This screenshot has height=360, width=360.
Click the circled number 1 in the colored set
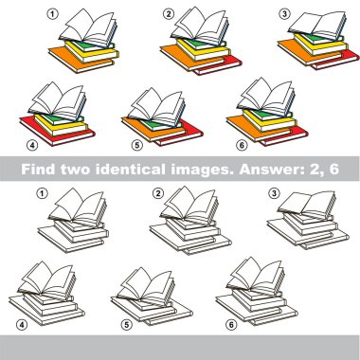[52, 14]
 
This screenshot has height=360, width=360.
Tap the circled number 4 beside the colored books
[32, 145]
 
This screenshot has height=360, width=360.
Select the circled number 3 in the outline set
[274, 193]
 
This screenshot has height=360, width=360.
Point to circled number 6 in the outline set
[231, 324]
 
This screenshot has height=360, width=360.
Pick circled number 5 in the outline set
[126, 324]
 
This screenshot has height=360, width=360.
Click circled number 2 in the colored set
[168, 13]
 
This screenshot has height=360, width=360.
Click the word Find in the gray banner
[39, 169]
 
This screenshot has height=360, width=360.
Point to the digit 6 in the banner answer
[333, 169]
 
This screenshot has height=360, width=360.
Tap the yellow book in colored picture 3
[319, 46]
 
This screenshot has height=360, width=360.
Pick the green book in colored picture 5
[154, 125]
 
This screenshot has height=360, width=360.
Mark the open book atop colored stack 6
[266, 97]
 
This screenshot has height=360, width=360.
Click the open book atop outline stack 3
[307, 205]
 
